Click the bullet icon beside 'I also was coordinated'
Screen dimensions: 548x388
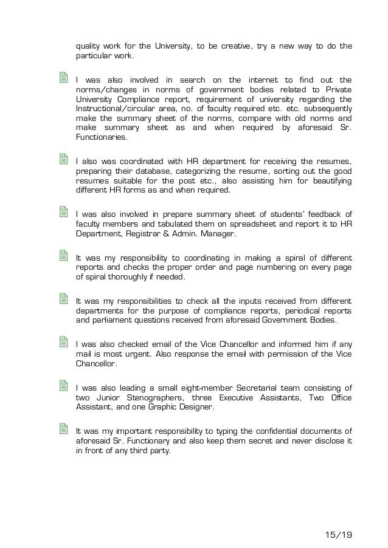coord(63,160)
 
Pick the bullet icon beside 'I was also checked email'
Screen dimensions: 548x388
coord(63,343)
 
